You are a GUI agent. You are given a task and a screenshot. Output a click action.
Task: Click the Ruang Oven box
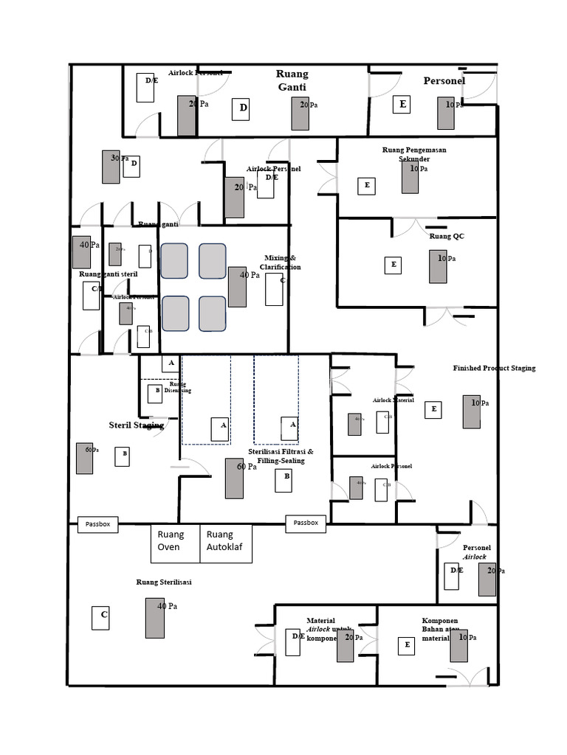tap(175, 543)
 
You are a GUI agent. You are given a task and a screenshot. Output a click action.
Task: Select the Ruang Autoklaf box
tap(226, 543)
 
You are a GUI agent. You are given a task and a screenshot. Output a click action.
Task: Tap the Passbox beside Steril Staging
tap(97, 524)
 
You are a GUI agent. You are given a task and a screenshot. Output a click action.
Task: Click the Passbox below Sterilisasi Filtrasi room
tap(306, 523)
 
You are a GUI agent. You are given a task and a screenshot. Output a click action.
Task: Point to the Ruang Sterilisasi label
tap(164, 582)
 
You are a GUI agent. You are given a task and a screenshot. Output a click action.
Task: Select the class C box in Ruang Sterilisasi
tap(101, 618)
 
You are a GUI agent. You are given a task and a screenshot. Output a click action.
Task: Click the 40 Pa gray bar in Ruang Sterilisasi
tap(155, 618)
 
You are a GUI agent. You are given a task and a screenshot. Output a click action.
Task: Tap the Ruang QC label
tap(447, 237)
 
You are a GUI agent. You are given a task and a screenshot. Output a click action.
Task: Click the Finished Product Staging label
tap(494, 368)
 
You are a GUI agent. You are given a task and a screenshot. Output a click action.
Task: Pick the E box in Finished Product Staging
tap(433, 409)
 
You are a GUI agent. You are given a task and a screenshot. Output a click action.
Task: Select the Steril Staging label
tap(136, 425)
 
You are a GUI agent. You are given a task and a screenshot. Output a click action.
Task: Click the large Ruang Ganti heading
tap(292, 80)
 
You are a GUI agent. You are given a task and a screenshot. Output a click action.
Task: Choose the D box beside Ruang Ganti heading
tap(241, 109)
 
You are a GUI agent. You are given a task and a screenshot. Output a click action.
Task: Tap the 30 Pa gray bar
tap(111, 167)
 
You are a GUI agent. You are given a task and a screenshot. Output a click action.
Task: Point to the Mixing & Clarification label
tap(282, 262)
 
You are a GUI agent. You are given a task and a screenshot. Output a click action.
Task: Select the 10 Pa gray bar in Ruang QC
tap(438, 266)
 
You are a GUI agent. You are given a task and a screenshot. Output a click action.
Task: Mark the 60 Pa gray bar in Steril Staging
tap(84, 458)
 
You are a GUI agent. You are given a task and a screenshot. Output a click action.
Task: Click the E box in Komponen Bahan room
tap(405, 646)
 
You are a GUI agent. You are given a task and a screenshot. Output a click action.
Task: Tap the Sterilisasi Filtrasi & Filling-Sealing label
tap(281, 456)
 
